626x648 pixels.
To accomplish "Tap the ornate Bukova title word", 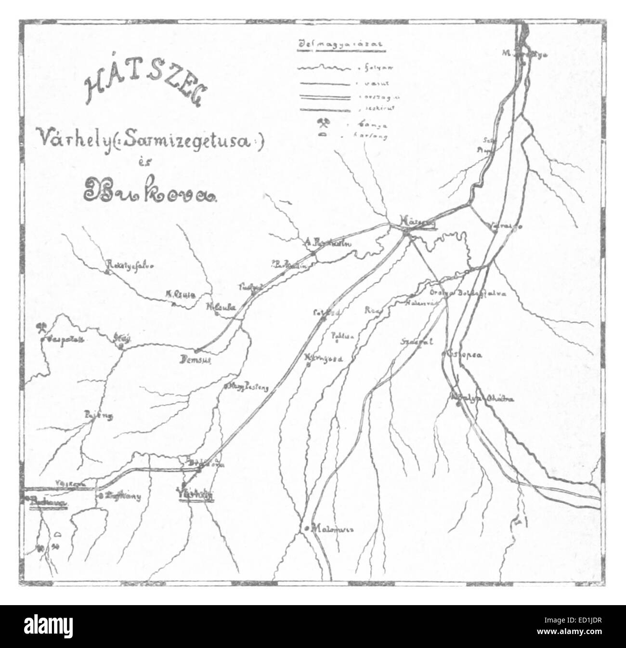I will [x=150, y=191].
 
